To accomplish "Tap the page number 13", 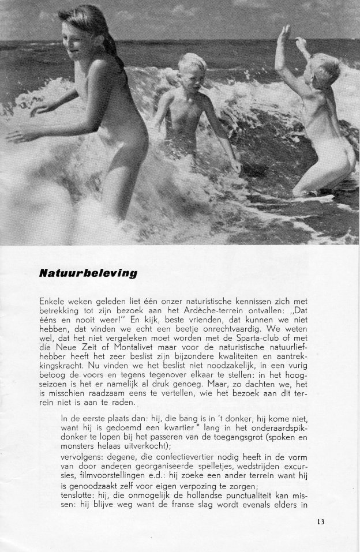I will point(321,523).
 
